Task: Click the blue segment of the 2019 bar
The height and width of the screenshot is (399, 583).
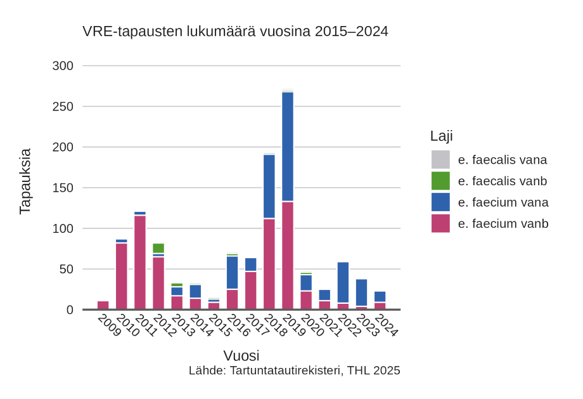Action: tap(288, 147)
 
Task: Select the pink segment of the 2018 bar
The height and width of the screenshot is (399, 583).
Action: tap(269, 264)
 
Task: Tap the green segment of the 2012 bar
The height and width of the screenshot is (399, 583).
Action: tap(158, 248)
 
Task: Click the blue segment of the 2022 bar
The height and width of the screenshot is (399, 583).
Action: tap(343, 282)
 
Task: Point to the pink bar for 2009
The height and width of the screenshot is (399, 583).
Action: tap(103, 305)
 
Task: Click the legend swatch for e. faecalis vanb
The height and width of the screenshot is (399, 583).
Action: tap(440, 181)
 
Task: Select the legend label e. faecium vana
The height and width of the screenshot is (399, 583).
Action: tap(503, 202)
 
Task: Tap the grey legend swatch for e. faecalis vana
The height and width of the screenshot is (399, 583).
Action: tap(440, 159)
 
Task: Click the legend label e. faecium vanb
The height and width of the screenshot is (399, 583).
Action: tap(503, 223)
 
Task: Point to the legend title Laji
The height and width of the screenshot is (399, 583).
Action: tap(441, 136)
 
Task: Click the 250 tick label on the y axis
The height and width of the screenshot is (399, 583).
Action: tap(62, 107)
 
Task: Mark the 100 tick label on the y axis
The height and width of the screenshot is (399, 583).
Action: tap(62, 228)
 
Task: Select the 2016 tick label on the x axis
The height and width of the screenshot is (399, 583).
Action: tap(236, 325)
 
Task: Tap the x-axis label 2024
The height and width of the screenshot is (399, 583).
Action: tap(385, 325)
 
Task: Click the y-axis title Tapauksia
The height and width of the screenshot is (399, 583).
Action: tap(25, 181)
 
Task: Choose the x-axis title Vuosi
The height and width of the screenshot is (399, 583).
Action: tap(241, 355)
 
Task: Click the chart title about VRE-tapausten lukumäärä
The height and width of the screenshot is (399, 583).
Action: tap(235, 31)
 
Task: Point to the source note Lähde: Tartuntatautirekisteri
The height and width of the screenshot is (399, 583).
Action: tap(294, 370)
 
